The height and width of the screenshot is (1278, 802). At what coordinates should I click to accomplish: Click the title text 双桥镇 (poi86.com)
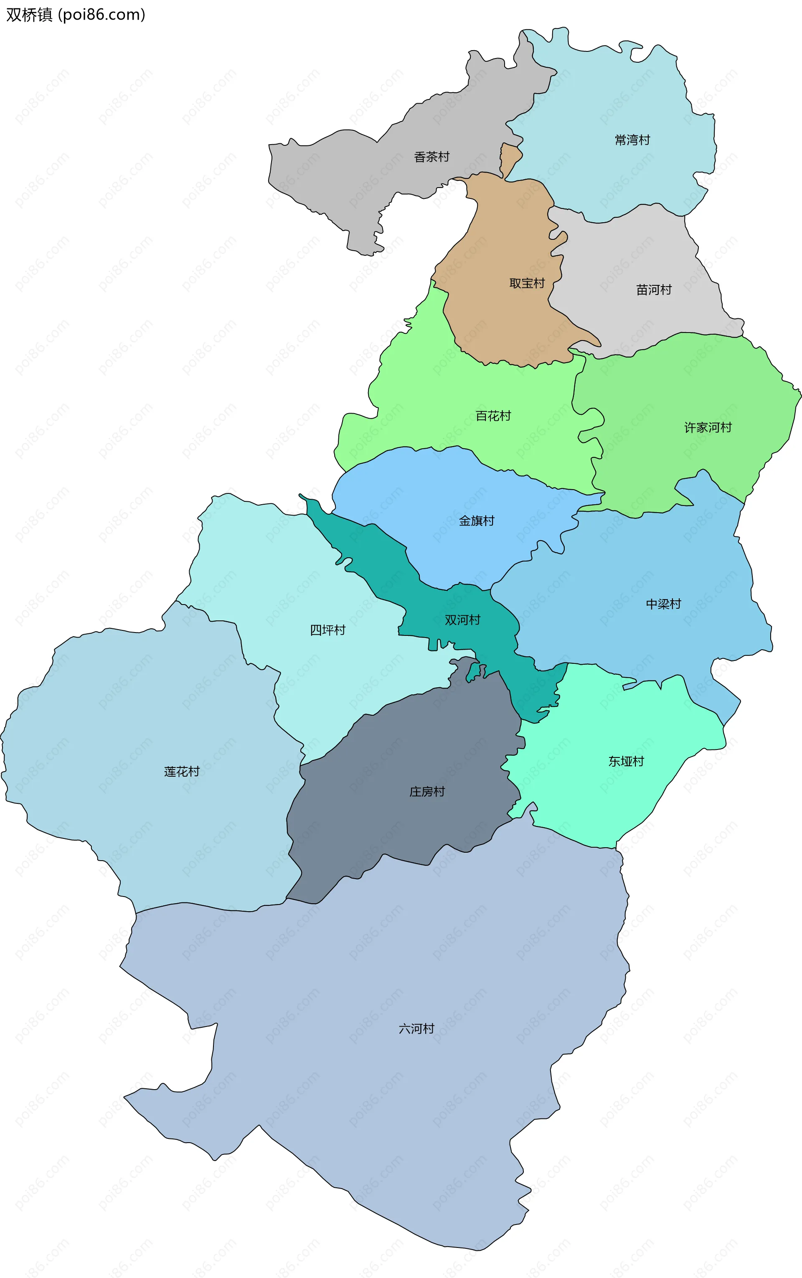click(x=75, y=15)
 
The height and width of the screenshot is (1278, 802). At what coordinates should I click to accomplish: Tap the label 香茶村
click(x=431, y=157)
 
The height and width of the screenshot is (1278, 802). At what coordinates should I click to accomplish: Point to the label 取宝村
click(x=527, y=283)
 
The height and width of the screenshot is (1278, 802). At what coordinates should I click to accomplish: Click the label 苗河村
click(x=653, y=290)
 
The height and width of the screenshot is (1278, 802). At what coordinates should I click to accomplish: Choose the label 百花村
click(x=493, y=416)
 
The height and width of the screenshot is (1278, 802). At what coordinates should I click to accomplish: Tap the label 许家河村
click(x=708, y=427)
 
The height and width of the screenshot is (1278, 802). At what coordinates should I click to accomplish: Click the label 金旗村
click(x=476, y=521)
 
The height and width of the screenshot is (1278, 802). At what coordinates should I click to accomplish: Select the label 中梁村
click(x=663, y=604)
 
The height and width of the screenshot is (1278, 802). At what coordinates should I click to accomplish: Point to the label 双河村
click(x=462, y=620)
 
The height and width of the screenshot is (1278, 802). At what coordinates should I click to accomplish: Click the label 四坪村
click(x=327, y=630)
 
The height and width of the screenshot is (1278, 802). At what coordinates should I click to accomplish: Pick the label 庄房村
click(x=426, y=792)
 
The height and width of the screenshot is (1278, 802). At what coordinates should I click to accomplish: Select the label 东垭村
click(x=626, y=762)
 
